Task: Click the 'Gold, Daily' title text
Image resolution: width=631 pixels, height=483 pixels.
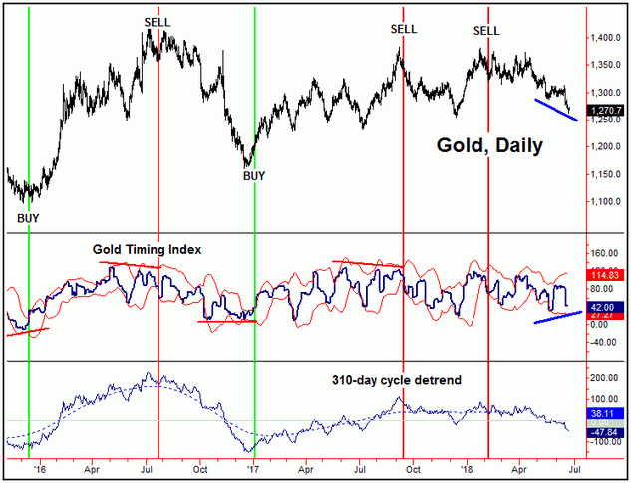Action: coord(489,146)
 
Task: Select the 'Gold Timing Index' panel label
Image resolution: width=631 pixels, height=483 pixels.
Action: coord(148,249)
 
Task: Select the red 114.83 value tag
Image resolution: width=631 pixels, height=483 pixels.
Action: coord(605,275)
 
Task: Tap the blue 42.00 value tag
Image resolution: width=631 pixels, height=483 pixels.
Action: coord(604,308)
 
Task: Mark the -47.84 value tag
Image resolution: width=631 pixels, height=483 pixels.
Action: coord(604,432)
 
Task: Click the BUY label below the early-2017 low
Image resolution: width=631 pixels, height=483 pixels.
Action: coord(257,175)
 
